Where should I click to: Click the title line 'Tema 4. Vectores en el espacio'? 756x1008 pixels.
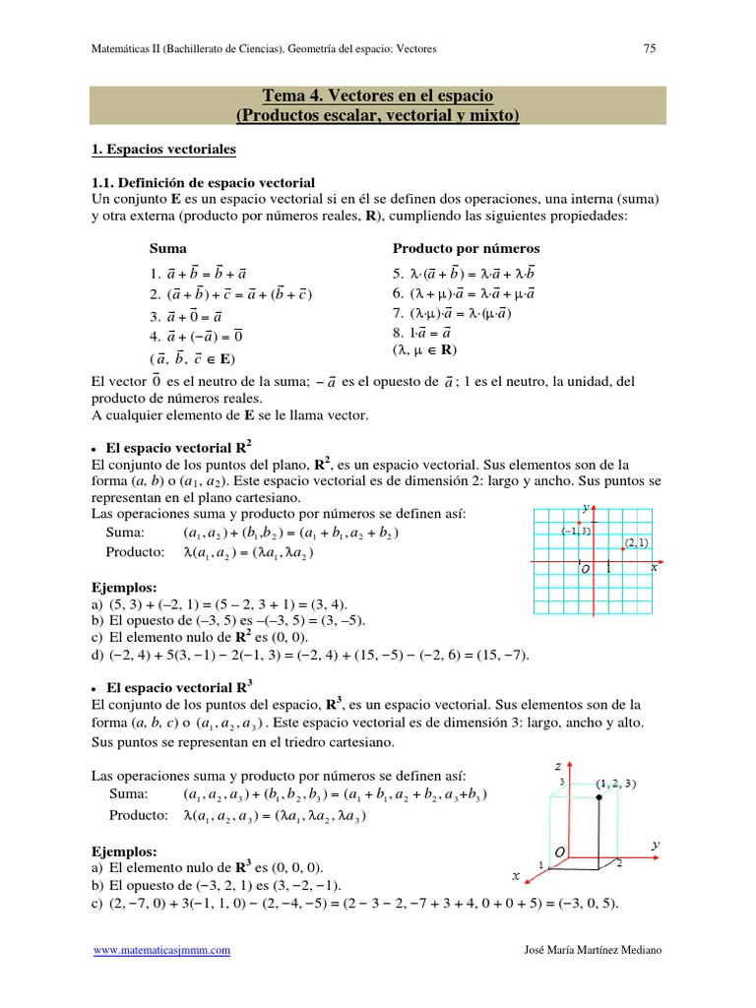click(x=377, y=95)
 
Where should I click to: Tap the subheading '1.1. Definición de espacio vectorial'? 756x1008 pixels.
click(x=202, y=182)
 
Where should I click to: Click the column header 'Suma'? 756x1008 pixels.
click(x=167, y=248)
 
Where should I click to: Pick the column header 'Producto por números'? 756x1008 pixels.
click(x=466, y=248)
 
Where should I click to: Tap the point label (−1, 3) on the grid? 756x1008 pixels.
click(x=576, y=531)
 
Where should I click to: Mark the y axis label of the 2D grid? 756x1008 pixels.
click(x=586, y=507)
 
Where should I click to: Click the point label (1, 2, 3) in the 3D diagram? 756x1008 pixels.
click(x=615, y=784)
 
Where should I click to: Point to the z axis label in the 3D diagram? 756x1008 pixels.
click(x=557, y=765)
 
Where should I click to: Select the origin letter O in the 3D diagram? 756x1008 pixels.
click(x=560, y=850)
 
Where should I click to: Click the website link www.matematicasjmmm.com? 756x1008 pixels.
click(x=161, y=950)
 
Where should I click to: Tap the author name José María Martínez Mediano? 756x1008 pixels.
click(x=595, y=950)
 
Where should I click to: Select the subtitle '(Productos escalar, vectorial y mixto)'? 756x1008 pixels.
click(x=377, y=116)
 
